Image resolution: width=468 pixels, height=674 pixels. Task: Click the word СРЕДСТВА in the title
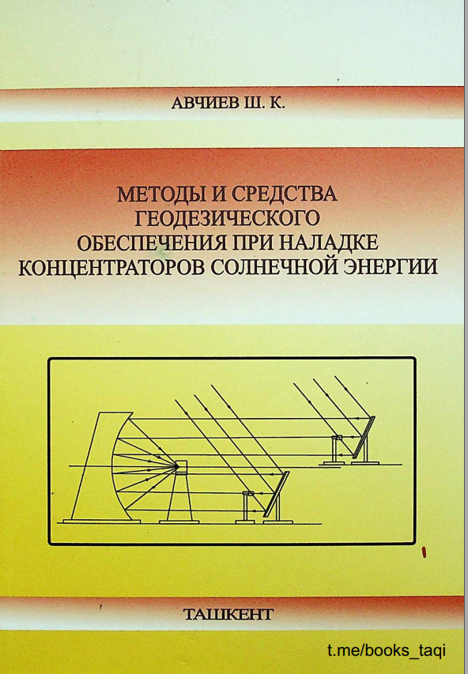285,194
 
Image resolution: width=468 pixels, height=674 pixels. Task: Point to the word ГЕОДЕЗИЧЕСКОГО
228,218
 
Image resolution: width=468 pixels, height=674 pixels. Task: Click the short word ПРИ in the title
252,243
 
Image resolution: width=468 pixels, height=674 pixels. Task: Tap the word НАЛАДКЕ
329,243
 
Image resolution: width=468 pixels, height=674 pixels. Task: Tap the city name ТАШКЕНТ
228,614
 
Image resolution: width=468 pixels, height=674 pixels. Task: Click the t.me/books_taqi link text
386,650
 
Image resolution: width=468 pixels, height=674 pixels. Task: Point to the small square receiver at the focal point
181,467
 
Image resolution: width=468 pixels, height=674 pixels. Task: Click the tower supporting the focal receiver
180,498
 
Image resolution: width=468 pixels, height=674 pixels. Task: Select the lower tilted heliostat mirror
276,494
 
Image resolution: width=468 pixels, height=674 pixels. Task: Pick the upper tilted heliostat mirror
364,437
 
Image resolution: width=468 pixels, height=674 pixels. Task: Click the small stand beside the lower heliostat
247,506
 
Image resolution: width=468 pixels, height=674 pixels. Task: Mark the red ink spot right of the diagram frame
424,552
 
